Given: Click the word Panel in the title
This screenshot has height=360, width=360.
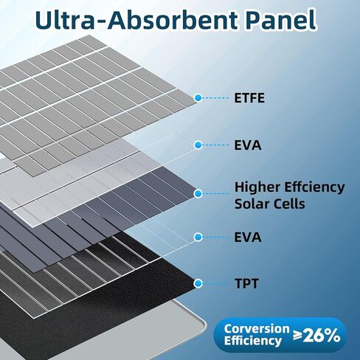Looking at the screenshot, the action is (x=281, y=20).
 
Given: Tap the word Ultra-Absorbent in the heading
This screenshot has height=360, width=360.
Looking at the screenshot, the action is (x=137, y=20).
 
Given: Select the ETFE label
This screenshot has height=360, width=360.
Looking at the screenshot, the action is (x=249, y=98).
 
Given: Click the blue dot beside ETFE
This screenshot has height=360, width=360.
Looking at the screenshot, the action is (x=198, y=98).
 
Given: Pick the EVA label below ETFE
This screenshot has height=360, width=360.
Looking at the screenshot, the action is (x=248, y=145).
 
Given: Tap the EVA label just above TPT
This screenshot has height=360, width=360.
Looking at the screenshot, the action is (x=248, y=238).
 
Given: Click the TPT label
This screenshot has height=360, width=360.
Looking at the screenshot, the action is (x=246, y=283).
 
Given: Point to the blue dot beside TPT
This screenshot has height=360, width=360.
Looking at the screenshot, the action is (x=198, y=283).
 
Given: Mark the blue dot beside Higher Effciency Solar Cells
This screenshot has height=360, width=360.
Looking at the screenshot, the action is (x=198, y=193).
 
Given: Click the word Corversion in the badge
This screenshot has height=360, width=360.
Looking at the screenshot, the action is (x=257, y=329).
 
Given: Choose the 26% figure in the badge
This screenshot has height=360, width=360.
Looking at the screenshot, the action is (x=322, y=335).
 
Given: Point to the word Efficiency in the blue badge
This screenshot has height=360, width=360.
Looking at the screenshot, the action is (x=253, y=341).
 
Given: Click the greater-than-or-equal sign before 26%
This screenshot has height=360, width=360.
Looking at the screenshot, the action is (x=297, y=335).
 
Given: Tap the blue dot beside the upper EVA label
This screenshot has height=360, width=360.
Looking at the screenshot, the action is (x=198, y=145).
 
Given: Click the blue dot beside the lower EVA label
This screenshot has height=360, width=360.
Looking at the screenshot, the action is (x=198, y=238).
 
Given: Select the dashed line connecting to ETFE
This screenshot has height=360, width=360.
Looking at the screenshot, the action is (x=215, y=98).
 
